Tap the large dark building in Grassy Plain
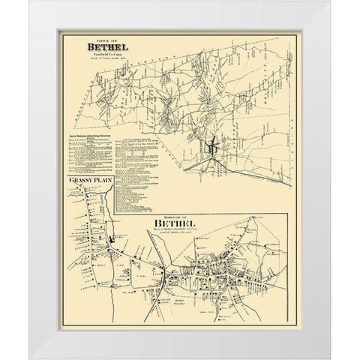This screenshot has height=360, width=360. [111, 240]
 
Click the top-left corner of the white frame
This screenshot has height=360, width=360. [36, 4]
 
